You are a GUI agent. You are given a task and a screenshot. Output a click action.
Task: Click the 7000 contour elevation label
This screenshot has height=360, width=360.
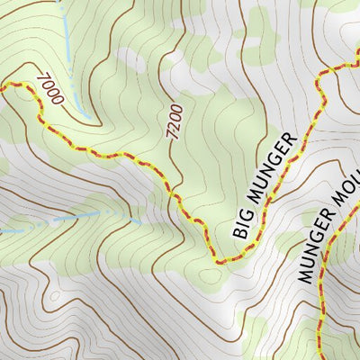[x=49, y=90]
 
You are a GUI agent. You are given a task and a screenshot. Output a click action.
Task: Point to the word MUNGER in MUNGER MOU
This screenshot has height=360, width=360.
[x=317, y=255]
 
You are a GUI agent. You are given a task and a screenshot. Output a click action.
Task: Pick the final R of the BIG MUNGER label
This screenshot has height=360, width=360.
[x=288, y=142]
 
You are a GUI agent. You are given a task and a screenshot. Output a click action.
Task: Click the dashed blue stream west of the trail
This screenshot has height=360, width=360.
[x=72, y=219]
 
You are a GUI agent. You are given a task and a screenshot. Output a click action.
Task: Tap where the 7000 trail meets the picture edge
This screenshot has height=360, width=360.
[x=2, y=85]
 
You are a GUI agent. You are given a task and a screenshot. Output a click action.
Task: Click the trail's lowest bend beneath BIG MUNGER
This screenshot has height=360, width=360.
[x=219, y=261]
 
